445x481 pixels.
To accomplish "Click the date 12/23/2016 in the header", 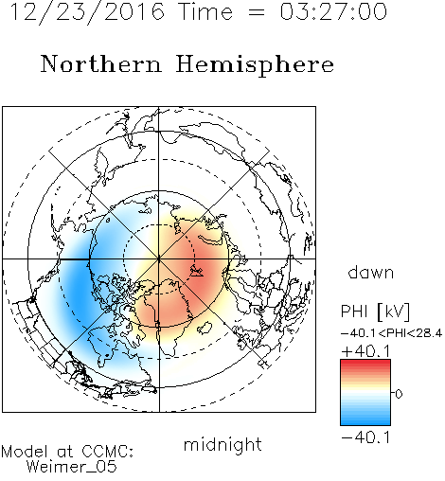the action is tap(87, 12).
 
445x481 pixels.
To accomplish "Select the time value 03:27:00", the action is tap(333, 11).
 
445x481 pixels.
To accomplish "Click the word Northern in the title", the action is tap(101, 64).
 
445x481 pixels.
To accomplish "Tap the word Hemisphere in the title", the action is tap(255, 65).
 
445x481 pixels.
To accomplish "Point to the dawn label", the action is tap(371, 273).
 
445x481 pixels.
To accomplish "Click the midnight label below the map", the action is tap(222, 445).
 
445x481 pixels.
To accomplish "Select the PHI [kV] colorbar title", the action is tap(375, 312).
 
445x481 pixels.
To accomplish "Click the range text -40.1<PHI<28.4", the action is tap(391, 333).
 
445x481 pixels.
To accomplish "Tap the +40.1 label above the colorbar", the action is tap(365, 351).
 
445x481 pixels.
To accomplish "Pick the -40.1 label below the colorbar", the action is tap(365, 437).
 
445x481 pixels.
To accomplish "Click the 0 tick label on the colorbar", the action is tap(399, 394).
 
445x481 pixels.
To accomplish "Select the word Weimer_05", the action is tap(72, 467).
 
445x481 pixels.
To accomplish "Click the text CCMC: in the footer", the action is tap(107, 452).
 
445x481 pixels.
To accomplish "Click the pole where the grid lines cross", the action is tap(159, 259).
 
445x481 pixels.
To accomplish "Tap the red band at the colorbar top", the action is tap(365, 363).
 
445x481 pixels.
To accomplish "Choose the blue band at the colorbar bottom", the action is tap(365, 421).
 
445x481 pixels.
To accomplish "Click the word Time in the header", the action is tap(205, 11).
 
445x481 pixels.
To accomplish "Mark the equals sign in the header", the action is tap(257, 13).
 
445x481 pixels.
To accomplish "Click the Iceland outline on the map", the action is tap(205, 328).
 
